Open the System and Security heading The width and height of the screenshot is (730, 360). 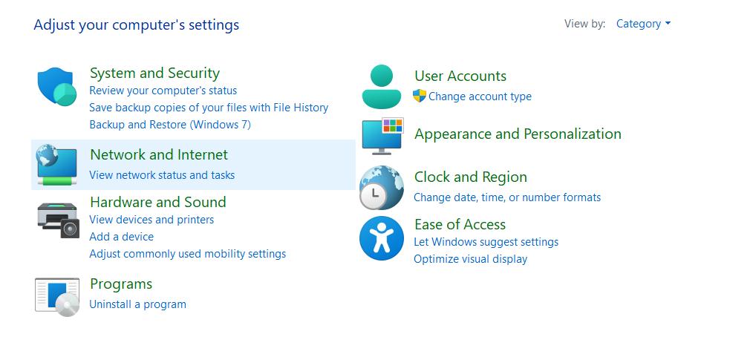(x=154, y=73)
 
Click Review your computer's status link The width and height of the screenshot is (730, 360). (x=163, y=91)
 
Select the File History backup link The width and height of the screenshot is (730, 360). (x=209, y=108)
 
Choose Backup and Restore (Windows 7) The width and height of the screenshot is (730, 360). (x=170, y=125)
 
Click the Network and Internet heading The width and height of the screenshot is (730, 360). (x=159, y=154)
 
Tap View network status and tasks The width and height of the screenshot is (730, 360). (x=162, y=175)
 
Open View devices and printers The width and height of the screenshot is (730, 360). (x=151, y=220)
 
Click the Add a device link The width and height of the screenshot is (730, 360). (x=122, y=236)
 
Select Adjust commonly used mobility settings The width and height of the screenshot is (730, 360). (x=188, y=254)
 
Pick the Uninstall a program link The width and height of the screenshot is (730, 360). (x=138, y=304)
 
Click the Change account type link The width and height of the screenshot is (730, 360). (x=480, y=96)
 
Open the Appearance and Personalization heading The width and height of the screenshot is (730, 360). (x=518, y=134)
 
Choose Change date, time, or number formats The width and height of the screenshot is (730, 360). (x=507, y=197)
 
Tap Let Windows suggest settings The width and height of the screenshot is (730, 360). (x=486, y=242)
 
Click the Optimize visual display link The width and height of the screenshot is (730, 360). (x=471, y=259)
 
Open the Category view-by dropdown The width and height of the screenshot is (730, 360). (x=643, y=24)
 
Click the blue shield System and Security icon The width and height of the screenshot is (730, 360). (x=56, y=87)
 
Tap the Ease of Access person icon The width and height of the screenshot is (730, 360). (x=382, y=238)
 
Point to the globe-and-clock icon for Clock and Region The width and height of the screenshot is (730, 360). (x=382, y=188)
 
